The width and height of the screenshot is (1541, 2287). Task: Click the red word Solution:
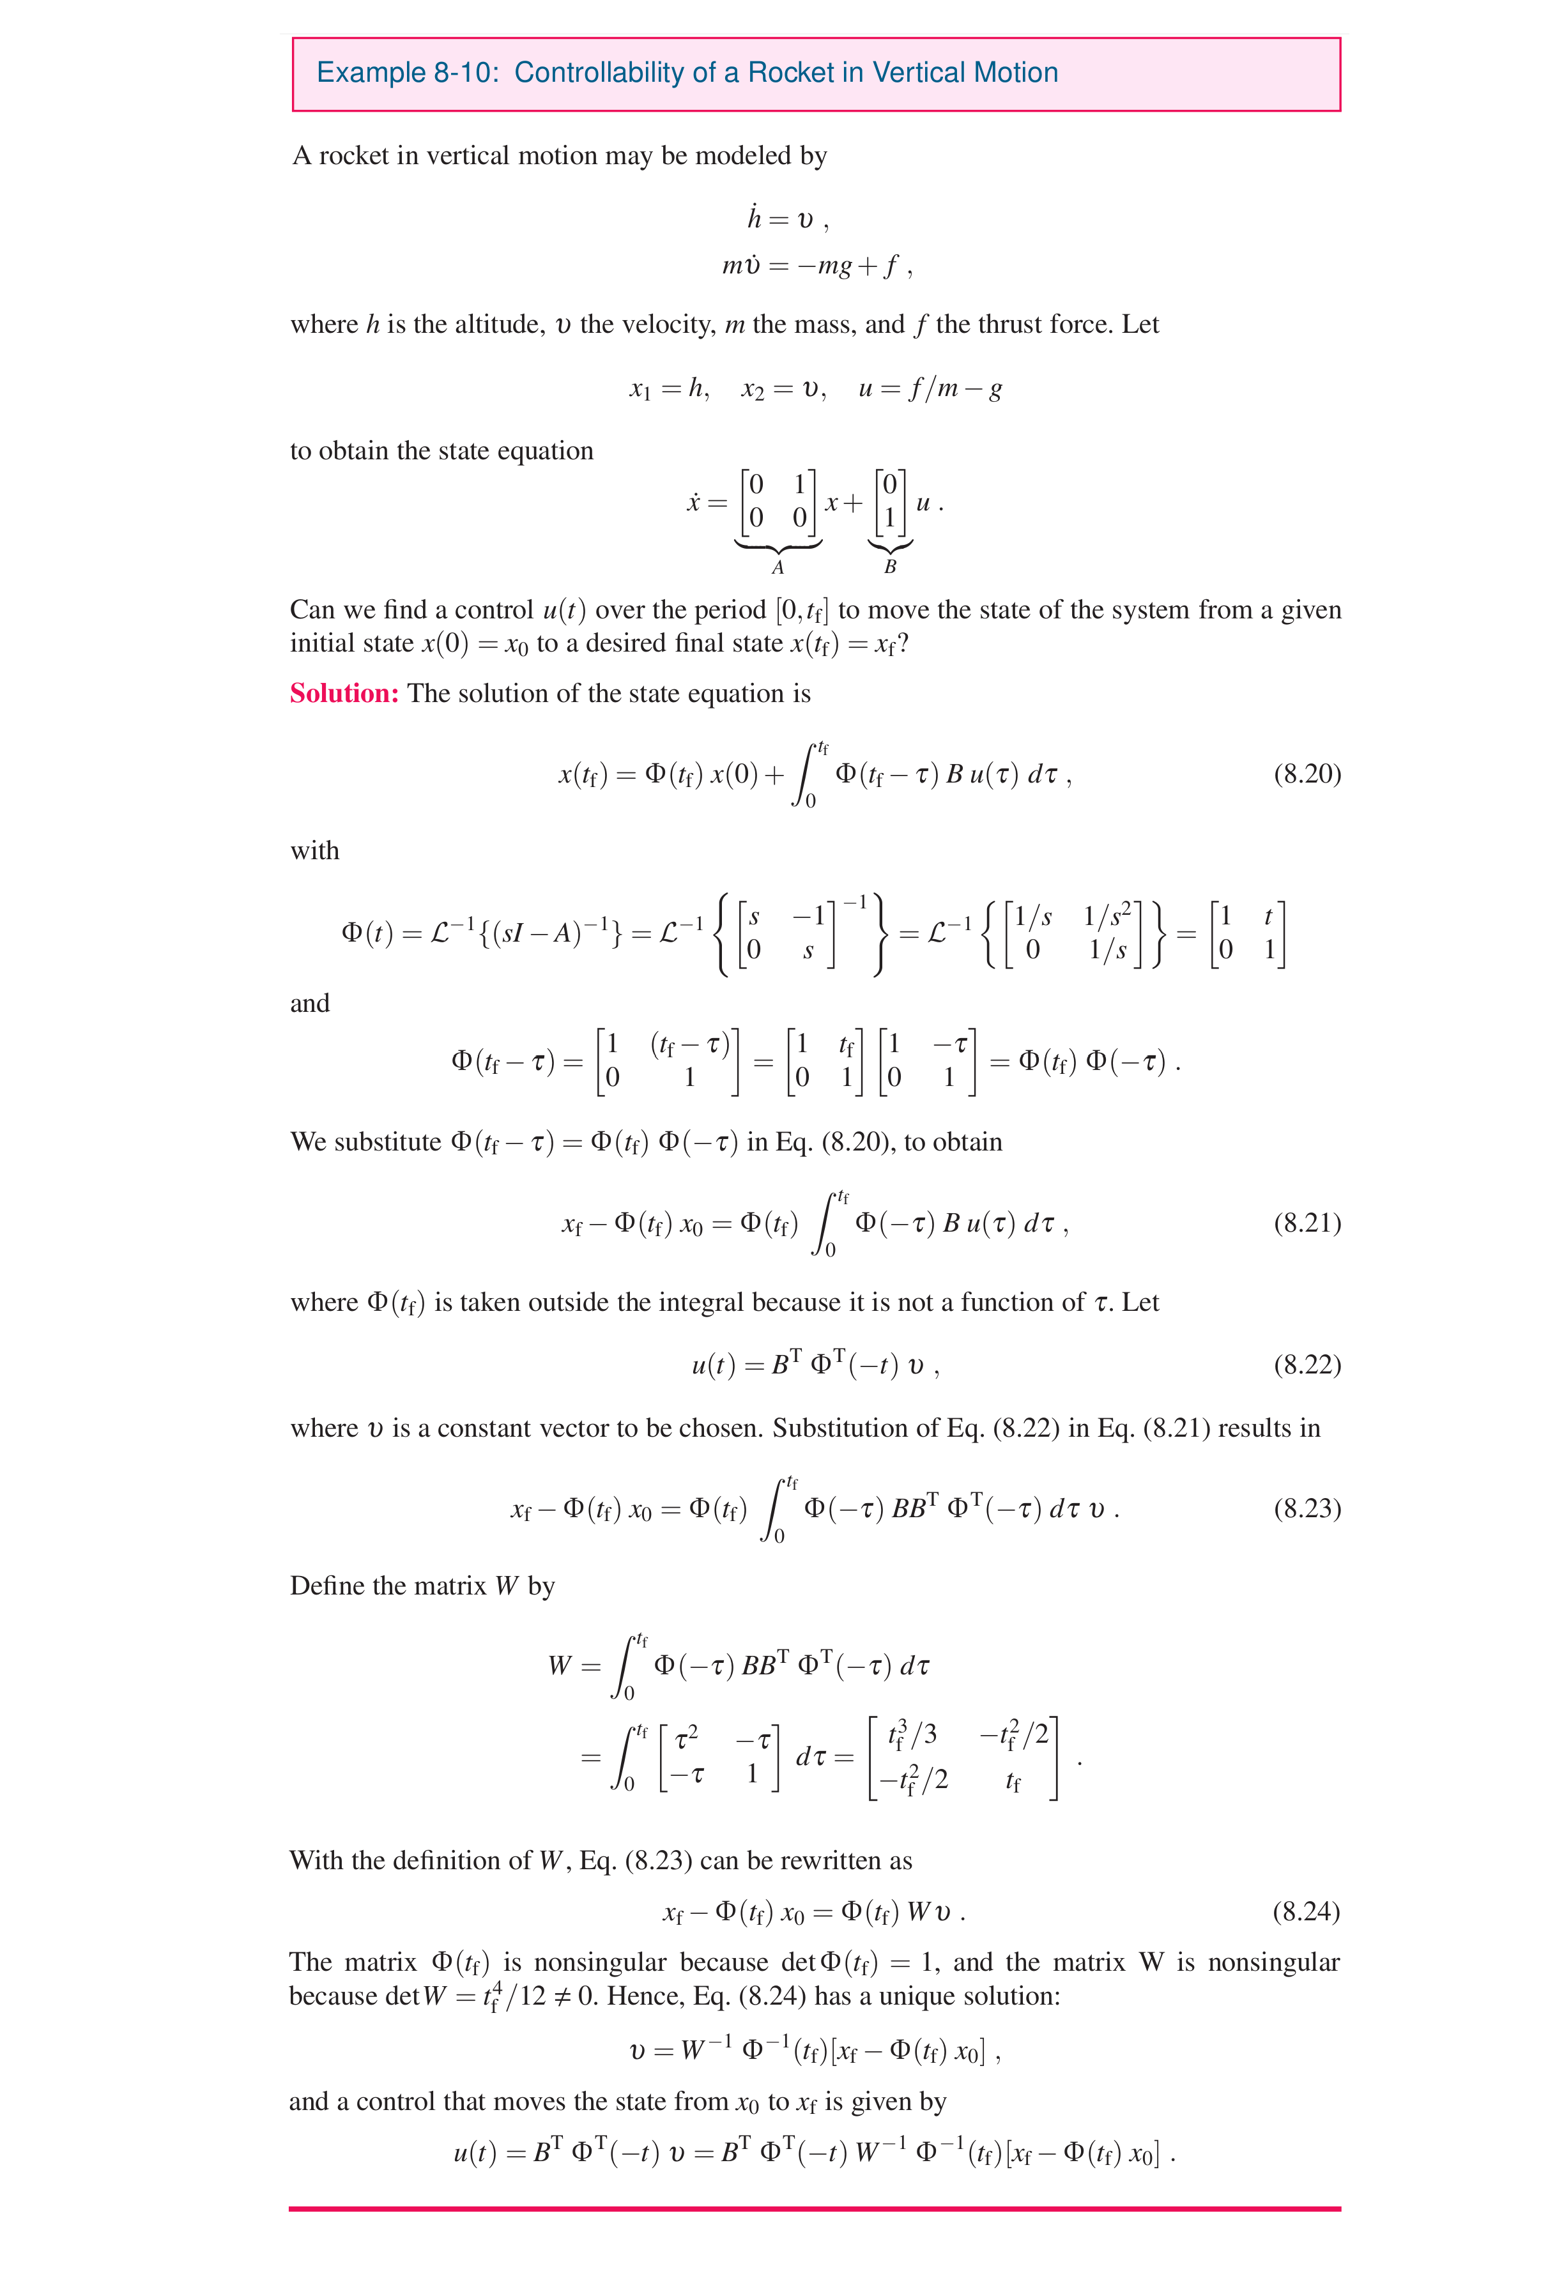344,694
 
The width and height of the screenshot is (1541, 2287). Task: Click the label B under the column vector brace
889,567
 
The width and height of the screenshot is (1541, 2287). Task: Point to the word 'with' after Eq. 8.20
314,851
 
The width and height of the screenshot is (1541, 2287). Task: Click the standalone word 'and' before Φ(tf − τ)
310,1003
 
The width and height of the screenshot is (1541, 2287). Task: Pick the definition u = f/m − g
930,389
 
